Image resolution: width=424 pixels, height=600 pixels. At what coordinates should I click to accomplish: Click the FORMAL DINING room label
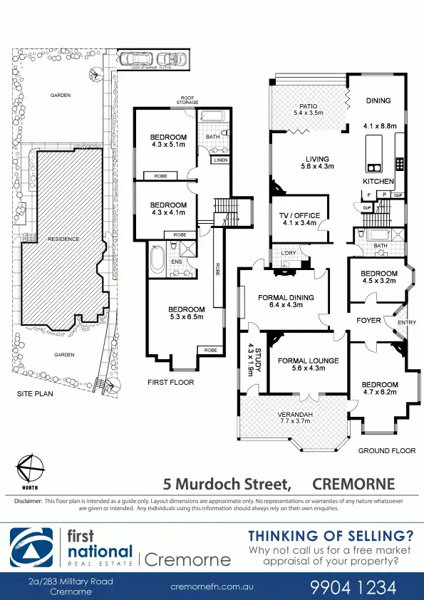[285, 298]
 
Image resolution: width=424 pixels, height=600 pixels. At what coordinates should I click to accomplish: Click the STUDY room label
[250, 356]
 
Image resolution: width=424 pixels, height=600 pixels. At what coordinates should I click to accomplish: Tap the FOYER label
[368, 321]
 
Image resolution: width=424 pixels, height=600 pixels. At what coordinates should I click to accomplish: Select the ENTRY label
[406, 323]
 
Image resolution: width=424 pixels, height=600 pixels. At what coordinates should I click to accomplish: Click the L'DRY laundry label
[289, 253]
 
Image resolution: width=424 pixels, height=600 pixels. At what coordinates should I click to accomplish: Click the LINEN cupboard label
[220, 161]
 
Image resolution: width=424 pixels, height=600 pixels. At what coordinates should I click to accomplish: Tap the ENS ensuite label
[176, 262]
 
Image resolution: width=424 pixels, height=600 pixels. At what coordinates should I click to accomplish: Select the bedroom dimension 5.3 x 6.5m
[186, 317]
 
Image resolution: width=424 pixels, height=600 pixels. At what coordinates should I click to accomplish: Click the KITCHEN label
[378, 182]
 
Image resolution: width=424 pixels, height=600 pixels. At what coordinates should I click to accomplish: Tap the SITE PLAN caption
[33, 393]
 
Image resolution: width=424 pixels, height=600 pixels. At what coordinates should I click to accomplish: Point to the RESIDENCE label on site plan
[63, 239]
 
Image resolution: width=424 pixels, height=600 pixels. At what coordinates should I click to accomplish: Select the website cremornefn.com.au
[212, 587]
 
